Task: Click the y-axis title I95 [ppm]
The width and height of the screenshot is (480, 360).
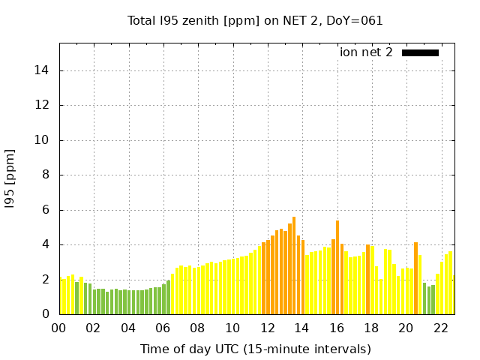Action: point(10,181)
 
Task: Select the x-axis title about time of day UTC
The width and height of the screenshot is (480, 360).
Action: point(255,349)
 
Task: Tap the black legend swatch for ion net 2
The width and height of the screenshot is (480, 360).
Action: point(420,52)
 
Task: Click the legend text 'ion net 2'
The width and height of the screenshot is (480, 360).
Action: point(366,52)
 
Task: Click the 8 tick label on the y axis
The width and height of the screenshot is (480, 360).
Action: point(47,175)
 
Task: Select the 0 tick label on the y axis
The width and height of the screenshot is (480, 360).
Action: point(47,314)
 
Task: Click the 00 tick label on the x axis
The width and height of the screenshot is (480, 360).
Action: point(58,328)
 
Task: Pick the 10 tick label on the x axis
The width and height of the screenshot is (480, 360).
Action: point(232,328)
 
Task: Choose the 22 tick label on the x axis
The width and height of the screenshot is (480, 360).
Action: point(441,328)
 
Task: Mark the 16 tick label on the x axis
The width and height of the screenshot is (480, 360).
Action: point(337,328)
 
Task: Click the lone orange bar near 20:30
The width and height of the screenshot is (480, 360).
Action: point(415,278)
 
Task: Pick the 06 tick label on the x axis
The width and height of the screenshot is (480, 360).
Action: point(163,328)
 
